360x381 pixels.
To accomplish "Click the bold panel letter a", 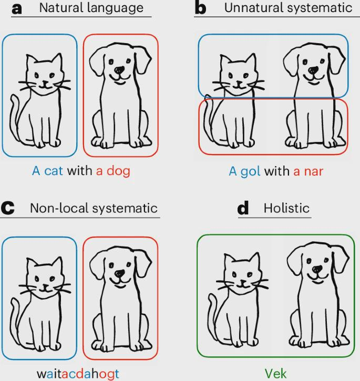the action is pos(17,9).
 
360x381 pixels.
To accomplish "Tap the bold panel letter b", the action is pos(201,8).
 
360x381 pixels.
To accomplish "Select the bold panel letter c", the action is pos(8,209).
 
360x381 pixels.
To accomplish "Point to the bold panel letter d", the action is pos(243,208).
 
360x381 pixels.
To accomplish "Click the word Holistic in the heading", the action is pos(286,208).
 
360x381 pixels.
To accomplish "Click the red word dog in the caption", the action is pos(118,171).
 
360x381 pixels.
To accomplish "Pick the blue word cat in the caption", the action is pos(54,171).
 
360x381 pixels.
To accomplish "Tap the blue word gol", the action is pos(251,171).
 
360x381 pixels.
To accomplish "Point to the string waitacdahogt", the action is pos(78,374).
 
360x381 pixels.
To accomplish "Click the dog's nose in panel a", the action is pos(120,70).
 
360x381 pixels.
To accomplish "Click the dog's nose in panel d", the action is pos(317,269).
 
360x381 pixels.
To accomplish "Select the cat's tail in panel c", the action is pos(15,319).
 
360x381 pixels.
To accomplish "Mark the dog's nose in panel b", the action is pos(313,70).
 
